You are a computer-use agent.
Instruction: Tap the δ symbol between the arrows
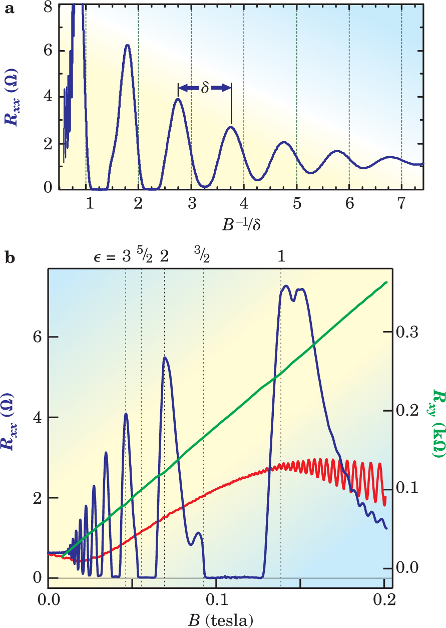click(205, 89)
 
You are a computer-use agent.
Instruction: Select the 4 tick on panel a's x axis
click(244, 204)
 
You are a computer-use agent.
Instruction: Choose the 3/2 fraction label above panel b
click(202, 256)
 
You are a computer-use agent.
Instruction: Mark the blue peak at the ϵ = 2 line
click(164, 358)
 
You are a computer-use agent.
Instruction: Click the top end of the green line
click(386, 282)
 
